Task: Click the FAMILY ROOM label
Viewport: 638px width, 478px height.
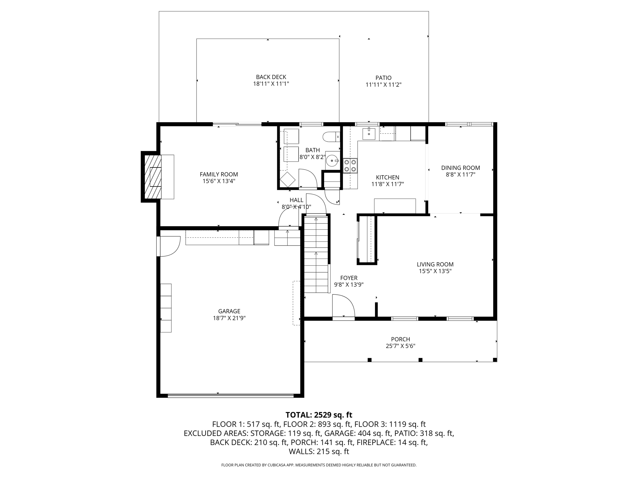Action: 219,175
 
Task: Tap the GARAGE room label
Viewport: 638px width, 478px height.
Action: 229,311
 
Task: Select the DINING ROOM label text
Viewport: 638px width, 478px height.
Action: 460,168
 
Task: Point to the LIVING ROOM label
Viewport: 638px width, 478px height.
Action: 435,265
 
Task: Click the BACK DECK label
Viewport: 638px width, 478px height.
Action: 271,77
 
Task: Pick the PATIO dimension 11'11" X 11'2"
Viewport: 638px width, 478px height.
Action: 383,85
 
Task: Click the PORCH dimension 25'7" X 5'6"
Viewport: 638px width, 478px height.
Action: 401,346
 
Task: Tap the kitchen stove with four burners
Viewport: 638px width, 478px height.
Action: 350,166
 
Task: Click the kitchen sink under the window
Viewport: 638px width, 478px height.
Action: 369,133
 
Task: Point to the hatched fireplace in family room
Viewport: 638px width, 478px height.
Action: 153,177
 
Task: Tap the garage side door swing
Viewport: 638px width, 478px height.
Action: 170,246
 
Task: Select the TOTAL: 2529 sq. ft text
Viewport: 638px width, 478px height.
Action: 319,415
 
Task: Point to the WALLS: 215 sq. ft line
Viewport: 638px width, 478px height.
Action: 319,452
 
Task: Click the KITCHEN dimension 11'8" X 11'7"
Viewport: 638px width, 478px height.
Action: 388,184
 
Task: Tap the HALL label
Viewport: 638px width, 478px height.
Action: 296,200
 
